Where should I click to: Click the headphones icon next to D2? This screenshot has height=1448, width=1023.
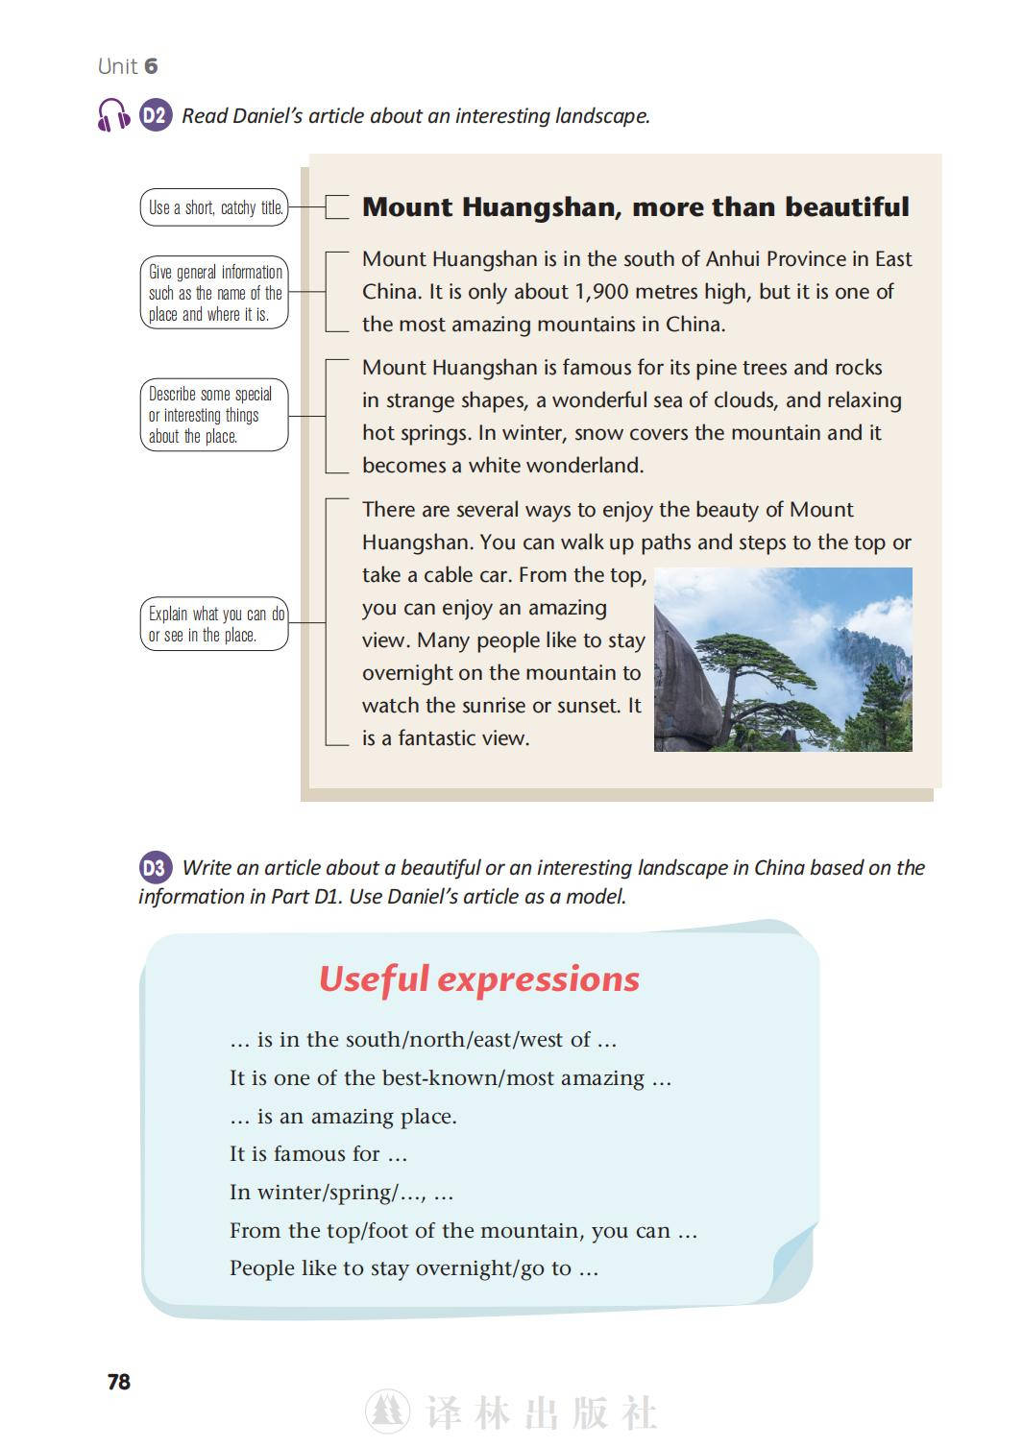pos(113,115)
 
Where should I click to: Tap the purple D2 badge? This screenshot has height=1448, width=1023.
pos(156,115)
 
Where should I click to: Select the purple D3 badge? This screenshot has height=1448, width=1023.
pos(155,868)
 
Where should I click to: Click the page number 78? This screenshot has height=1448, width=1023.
pos(119,1382)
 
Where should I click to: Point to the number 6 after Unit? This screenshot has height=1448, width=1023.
pos(151,66)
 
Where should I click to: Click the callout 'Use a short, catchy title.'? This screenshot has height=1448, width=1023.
pos(214,207)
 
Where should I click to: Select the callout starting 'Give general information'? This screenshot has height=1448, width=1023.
pos(214,293)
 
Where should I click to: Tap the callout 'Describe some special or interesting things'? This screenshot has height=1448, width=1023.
pos(214,415)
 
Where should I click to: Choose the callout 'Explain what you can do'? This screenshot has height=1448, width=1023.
pos(214,624)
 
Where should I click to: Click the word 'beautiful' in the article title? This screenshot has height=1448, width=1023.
pos(839,207)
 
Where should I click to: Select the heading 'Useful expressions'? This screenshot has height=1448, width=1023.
pos(478,979)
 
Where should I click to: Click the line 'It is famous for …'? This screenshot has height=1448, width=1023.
pos(318,1154)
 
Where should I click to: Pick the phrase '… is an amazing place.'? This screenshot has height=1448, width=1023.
pos(343,1116)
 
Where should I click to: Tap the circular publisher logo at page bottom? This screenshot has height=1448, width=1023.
pos(387,1412)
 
